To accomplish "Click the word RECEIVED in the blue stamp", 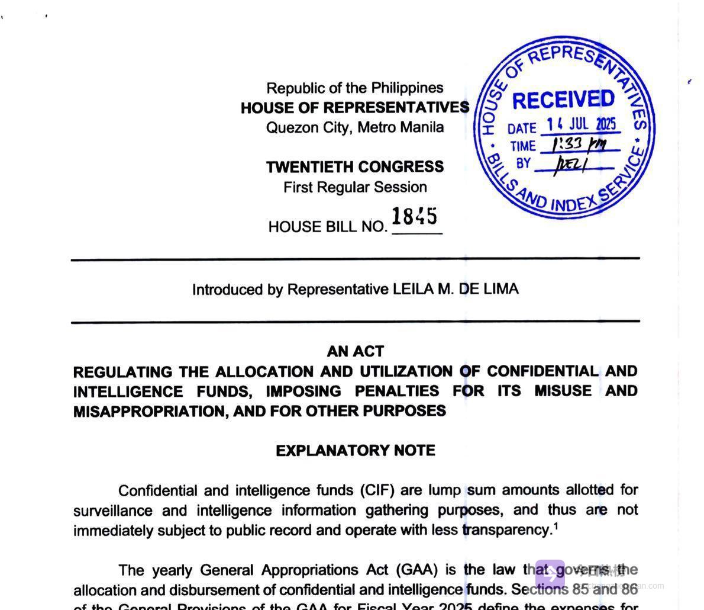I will [x=563, y=99].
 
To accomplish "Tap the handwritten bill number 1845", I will [x=415, y=217].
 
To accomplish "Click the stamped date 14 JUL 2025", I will [x=581, y=124].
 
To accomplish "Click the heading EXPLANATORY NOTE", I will [x=355, y=451].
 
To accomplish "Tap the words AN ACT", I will [x=355, y=351].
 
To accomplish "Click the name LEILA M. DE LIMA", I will [x=456, y=289].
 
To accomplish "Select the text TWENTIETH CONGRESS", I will [x=355, y=167].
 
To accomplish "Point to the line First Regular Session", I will [x=355, y=187].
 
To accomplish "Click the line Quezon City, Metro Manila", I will [x=355, y=127].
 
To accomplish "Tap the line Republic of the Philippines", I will [x=355, y=88].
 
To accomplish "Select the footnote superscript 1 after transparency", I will [x=556, y=526].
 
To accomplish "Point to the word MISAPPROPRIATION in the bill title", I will [x=150, y=412].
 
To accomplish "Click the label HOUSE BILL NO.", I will [x=328, y=227].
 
